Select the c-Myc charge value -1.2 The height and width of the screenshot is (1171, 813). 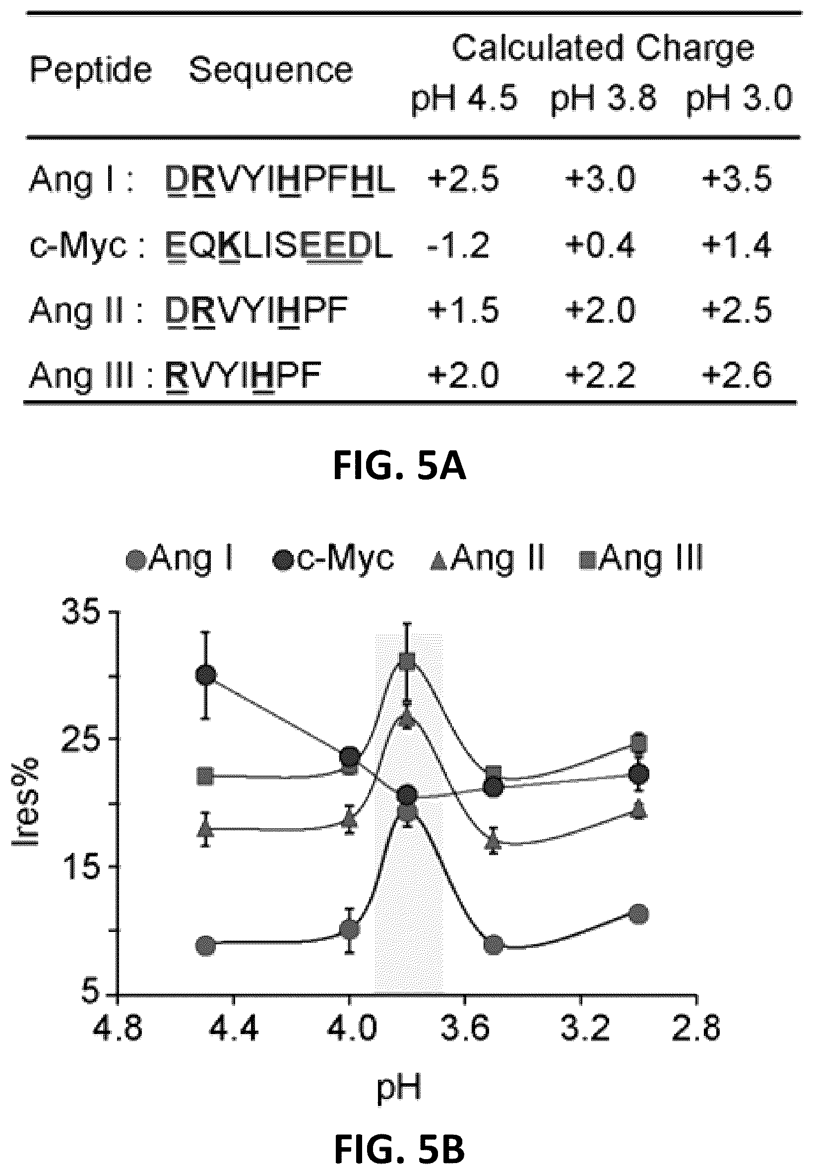458,245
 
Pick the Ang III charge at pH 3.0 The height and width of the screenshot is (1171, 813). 737,375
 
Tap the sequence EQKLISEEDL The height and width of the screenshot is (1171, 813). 280,246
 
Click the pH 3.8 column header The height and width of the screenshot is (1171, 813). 604,98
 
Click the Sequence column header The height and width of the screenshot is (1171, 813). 271,70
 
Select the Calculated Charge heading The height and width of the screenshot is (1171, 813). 603,49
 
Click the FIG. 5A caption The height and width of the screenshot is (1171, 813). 400,467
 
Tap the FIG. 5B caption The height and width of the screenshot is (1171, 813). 400,1134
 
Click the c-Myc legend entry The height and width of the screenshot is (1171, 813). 334,559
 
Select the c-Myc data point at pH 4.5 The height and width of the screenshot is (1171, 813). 206,676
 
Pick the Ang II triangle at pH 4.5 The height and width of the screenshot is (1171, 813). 206,828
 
